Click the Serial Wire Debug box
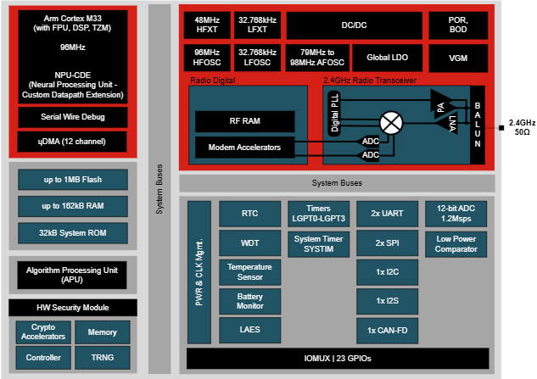click(72, 116)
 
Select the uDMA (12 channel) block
click(72, 141)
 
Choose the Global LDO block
click(389, 58)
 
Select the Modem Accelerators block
click(244, 148)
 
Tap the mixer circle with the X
click(391, 122)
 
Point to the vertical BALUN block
click(477, 124)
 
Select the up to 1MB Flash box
click(72, 180)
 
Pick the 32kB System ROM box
click(72, 231)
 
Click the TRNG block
click(103, 357)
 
